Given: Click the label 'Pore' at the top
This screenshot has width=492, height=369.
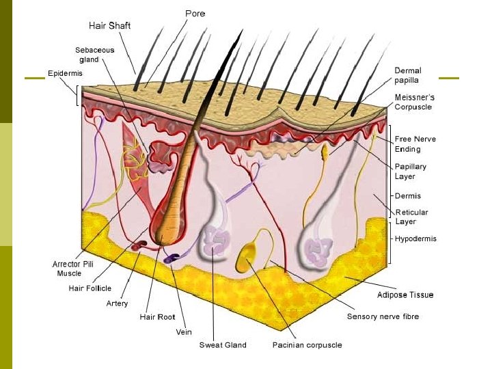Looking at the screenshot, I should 195,13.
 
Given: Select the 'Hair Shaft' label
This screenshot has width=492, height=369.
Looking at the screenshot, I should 109,26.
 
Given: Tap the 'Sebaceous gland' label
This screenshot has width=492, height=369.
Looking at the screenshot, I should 95,55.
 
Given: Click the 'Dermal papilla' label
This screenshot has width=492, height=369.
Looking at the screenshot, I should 408,75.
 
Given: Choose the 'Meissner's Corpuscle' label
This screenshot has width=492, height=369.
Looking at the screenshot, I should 413,102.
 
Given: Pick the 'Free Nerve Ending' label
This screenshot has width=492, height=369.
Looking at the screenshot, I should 415,144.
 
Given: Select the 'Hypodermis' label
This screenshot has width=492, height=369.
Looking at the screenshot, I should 415,239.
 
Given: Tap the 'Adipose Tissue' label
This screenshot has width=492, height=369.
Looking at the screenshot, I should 405,295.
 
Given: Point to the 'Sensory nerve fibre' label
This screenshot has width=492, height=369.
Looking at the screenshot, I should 383,316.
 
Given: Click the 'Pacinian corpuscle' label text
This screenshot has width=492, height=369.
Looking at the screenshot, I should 307,345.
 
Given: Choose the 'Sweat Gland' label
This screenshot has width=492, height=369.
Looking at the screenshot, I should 223,345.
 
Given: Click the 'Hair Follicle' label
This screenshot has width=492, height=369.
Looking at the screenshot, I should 90,288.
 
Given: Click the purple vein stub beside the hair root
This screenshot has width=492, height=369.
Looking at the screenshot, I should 170,259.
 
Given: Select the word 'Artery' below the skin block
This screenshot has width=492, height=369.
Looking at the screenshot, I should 117,303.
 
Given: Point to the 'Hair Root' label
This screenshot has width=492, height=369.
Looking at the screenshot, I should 157,317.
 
